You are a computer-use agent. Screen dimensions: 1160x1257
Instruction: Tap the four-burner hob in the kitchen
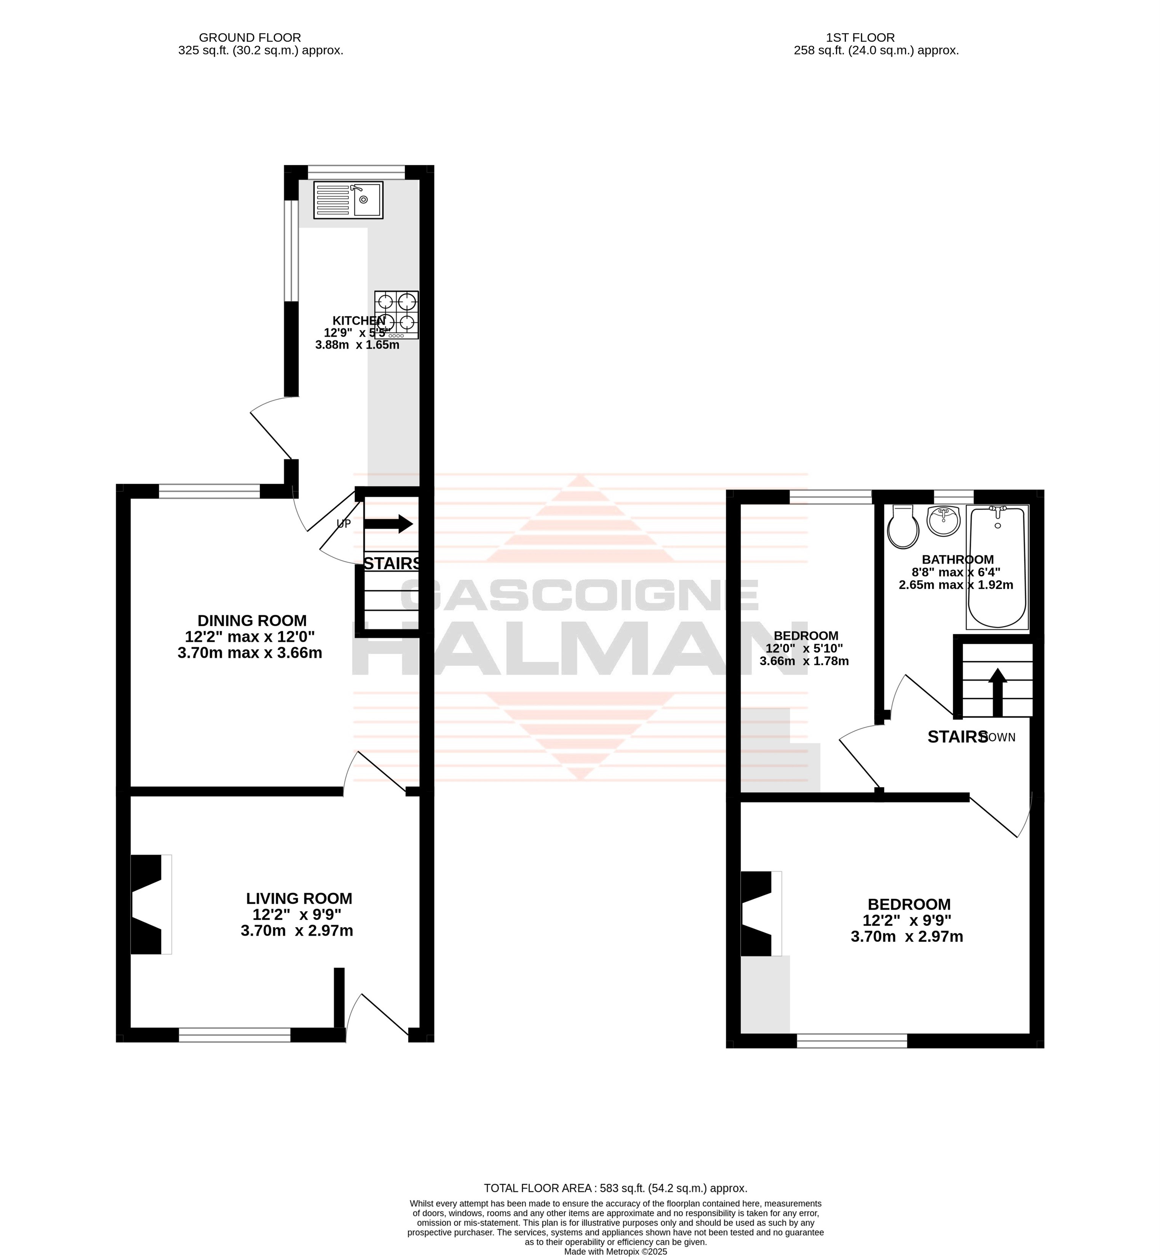pos(397,315)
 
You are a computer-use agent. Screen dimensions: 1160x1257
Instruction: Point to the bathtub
pos(997,567)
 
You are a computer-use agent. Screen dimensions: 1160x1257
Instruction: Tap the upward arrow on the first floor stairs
pos(998,692)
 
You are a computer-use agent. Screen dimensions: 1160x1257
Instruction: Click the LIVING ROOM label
pos(299,899)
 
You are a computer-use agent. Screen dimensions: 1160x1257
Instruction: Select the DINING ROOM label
pos(252,621)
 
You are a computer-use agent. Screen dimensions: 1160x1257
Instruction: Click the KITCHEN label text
pos(358,321)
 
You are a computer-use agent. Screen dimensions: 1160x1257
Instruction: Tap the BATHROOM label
pos(958,560)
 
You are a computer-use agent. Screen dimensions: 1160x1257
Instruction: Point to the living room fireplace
pos(151,904)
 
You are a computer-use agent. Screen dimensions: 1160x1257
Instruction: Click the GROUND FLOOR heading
pos(250,38)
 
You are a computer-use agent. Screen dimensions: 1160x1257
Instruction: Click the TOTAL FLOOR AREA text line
pos(615,1188)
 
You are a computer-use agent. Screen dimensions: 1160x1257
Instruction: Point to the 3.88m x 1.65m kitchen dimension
pos(357,345)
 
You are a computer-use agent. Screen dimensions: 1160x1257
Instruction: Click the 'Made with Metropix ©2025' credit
pos(615,1251)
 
